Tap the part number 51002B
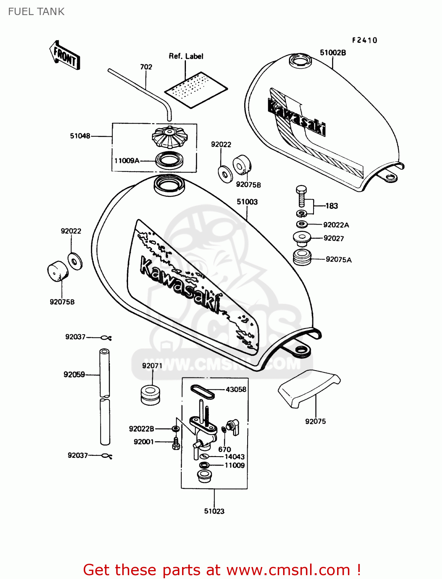pyautogui.click(x=332, y=53)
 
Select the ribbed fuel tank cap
pyautogui.click(x=169, y=137)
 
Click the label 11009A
pyautogui.click(x=127, y=161)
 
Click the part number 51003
pyautogui.click(x=247, y=202)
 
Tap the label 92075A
pyautogui.click(x=338, y=259)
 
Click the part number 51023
pyautogui.click(x=214, y=511)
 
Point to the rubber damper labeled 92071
pyautogui.click(x=150, y=394)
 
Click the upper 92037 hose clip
pyautogui.click(x=106, y=338)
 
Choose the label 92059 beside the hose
pyautogui.click(x=74, y=374)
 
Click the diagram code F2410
pyautogui.click(x=364, y=40)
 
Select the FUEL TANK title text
pyautogui.click(x=36, y=12)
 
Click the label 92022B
pyautogui.click(x=141, y=429)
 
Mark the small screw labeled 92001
pyautogui.click(x=176, y=444)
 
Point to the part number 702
pyautogui.click(x=146, y=67)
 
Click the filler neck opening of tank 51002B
pyautogui.click(x=300, y=61)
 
